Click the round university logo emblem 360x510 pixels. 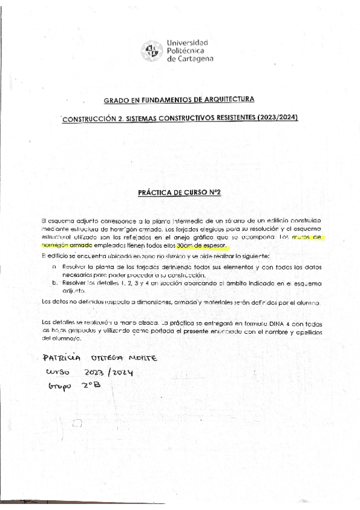151,51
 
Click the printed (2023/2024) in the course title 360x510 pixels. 276,118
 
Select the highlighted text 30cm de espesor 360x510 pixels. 204,245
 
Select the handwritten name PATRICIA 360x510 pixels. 61,358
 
